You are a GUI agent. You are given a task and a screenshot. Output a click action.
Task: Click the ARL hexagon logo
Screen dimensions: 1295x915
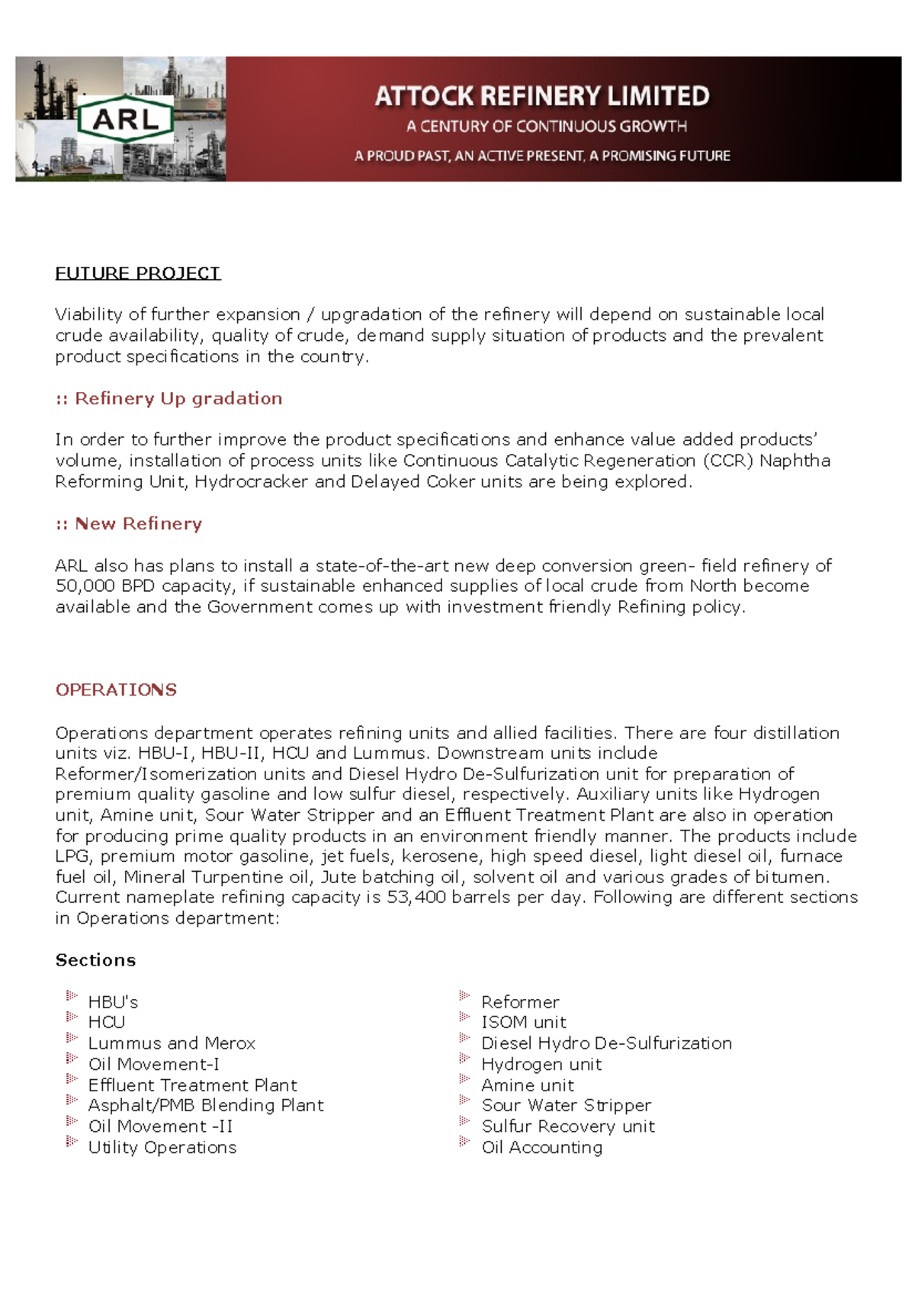coord(126,119)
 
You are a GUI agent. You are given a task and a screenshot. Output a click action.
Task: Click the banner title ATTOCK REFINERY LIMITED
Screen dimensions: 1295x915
coord(542,96)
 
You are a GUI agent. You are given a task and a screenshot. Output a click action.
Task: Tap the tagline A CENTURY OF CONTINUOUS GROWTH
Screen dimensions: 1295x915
coord(546,127)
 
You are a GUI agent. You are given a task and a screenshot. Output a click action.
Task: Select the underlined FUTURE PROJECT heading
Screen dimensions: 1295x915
coord(138,273)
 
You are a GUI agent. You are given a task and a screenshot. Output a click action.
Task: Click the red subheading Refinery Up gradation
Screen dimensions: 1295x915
coord(178,398)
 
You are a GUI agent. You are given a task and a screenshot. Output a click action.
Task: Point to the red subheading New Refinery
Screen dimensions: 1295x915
coord(138,524)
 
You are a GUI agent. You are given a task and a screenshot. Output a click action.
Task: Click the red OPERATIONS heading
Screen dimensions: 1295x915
coord(116,689)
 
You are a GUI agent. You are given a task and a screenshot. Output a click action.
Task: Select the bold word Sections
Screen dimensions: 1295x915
coord(95,960)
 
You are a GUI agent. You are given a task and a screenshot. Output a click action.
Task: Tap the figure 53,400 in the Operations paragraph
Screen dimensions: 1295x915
coord(416,897)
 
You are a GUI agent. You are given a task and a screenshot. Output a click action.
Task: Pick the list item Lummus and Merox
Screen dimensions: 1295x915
coord(172,1043)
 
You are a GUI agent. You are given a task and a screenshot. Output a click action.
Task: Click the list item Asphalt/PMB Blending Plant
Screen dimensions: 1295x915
coord(206,1105)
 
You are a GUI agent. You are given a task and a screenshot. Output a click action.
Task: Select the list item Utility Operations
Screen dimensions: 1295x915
coord(162,1147)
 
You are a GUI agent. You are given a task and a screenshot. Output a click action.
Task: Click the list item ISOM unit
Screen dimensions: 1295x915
coord(524,1022)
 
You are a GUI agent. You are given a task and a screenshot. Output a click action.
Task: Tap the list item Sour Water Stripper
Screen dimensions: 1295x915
coord(567,1105)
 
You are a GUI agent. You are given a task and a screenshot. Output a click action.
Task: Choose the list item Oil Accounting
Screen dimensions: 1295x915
coord(542,1147)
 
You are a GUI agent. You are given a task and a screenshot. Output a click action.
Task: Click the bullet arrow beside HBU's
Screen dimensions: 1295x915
coord(72,995)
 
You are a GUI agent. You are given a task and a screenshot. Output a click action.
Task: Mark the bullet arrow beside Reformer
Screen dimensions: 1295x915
coord(464,995)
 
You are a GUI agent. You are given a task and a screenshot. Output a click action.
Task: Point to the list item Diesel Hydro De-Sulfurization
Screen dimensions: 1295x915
coord(607,1043)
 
